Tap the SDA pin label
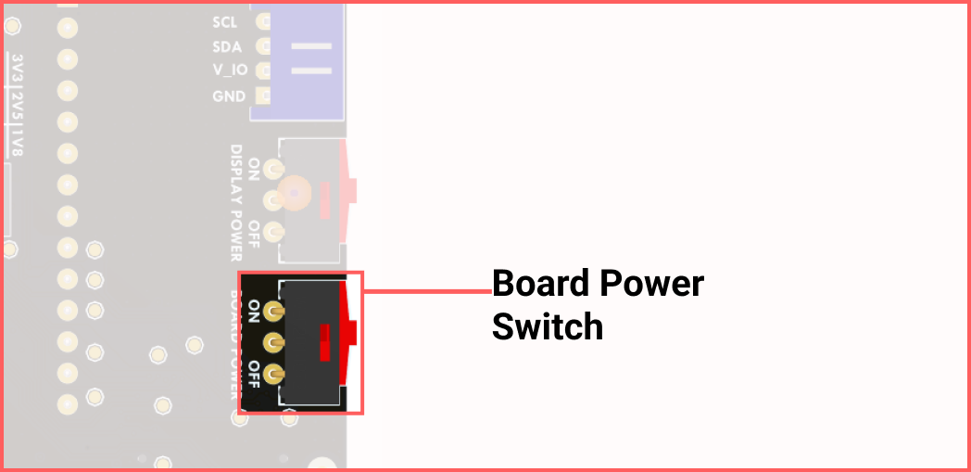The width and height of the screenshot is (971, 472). coord(227,46)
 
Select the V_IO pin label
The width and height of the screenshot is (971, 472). coord(229,70)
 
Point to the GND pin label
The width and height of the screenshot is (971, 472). coord(229,96)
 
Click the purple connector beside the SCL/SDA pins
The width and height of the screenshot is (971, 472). coord(297,60)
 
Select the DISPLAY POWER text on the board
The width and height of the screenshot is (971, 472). coord(236,202)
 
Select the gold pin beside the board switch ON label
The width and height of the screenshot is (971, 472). coord(272,311)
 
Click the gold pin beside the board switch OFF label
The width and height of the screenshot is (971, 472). coord(272,375)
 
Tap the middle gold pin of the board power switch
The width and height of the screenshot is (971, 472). coord(272,343)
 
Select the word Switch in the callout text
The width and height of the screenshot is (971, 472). coord(547,326)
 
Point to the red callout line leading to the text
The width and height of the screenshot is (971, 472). coord(426,291)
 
